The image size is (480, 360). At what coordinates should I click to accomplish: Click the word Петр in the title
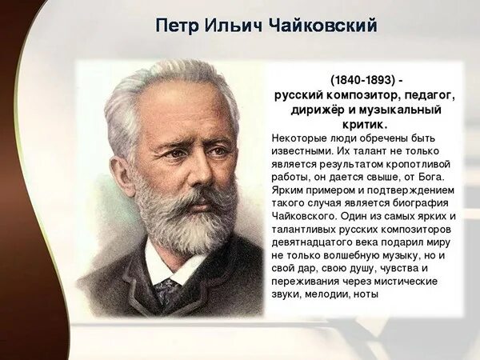pos(176,26)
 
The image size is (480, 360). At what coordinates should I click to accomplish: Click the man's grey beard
pos(188,224)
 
